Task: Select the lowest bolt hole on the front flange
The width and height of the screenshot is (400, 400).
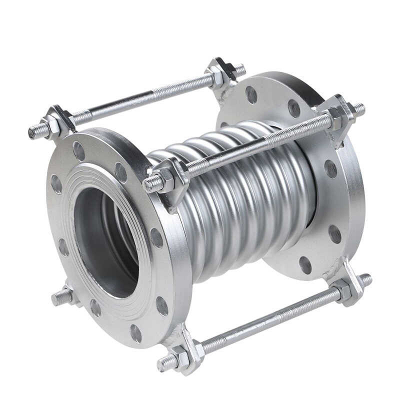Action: coord(135,333)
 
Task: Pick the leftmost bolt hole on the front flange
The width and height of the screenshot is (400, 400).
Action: coord(56,184)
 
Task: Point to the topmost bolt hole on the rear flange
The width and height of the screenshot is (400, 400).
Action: coord(251,94)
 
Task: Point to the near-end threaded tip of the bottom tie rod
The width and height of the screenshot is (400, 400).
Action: coord(162,364)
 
